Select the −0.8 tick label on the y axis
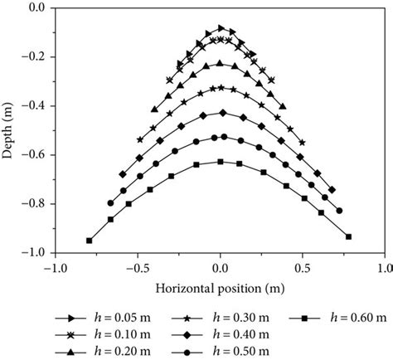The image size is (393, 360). pos(32,204)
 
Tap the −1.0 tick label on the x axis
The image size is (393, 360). pos(54,269)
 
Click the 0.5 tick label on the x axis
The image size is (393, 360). pos(303,269)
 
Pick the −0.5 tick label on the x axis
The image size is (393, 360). pos(136,269)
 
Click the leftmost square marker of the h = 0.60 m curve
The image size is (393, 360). pos(89,241)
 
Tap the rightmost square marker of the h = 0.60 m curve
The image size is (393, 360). pos(348,236)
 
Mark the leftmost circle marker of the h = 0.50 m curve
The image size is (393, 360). pos(110,202)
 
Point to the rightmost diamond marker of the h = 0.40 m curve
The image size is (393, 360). pos(332,190)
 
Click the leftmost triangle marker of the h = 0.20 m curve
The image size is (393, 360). pos(153,109)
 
